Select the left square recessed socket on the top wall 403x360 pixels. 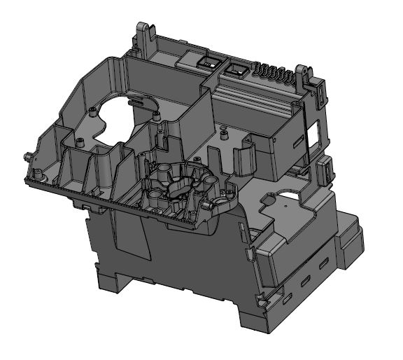pos(206,62)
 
